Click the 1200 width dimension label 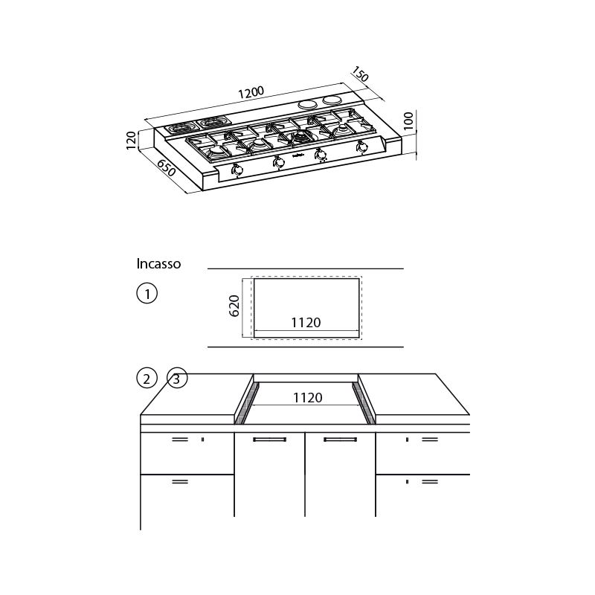click(x=251, y=93)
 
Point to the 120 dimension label click(x=132, y=139)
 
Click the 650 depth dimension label click(x=166, y=167)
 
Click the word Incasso click(x=158, y=264)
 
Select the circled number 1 click(x=147, y=294)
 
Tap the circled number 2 click(x=147, y=379)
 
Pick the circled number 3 click(x=176, y=379)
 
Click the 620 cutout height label click(x=234, y=306)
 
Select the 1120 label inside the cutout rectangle click(x=305, y=323)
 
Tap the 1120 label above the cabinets click(x=306, y=398)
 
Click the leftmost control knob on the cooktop click(x=237, y=170)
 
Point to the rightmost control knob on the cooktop click(x=362, y=147)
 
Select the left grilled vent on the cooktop click(x=180, y=126)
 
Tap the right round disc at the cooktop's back click(x=332, y=100)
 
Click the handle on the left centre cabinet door click(x=269, y=440)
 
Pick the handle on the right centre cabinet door click(x=340, y=440)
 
